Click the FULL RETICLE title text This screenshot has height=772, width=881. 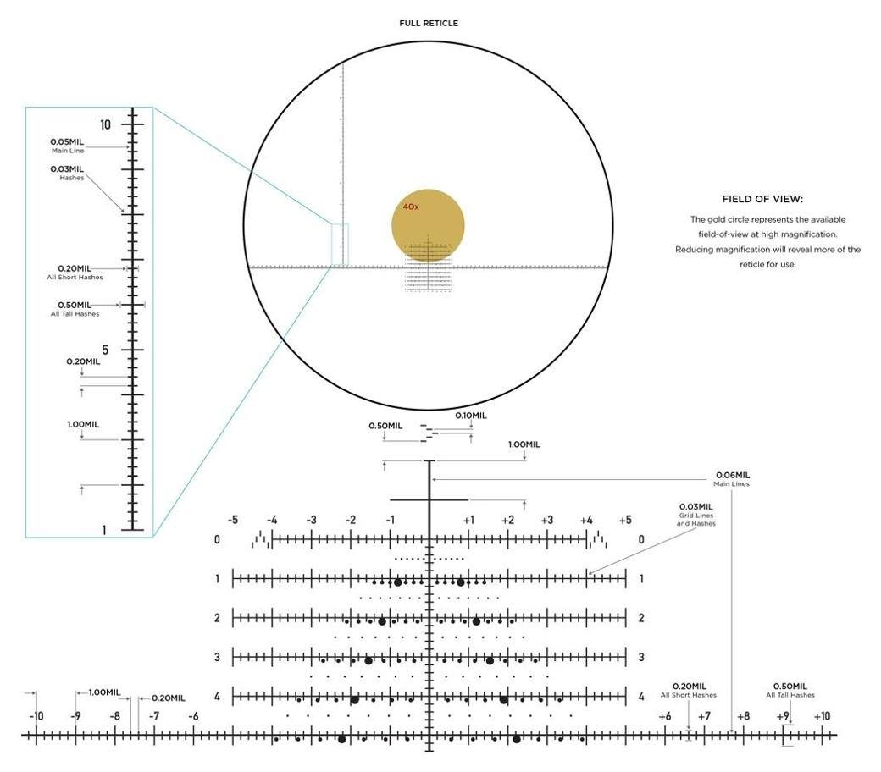click(x=429, y=23)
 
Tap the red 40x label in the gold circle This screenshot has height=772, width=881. click(x=411, y=207)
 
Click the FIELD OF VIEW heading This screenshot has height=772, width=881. click(x=762, y=199)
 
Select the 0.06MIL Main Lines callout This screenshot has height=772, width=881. click(x=732, y=479)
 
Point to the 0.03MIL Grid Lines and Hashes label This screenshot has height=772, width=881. click(x=696, y=515)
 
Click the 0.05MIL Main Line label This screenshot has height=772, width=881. click(x=67, y=146)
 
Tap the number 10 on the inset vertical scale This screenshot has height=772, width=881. click(x=105, y=124)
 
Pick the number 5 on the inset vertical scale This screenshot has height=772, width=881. click(x=105, y=350)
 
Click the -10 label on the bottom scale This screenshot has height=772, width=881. click(x=36, y=716)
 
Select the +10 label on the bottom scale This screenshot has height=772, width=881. click(x=822, y=716)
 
